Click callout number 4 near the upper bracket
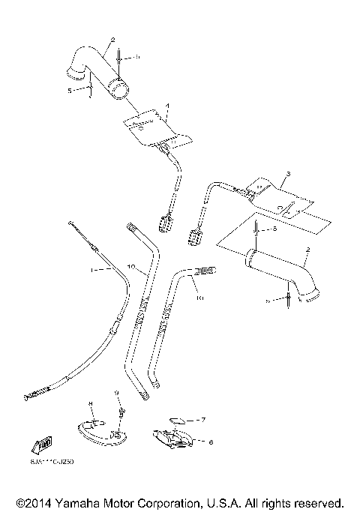tap(167, 106)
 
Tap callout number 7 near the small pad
tap(202, 421)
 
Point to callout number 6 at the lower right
tap(211, 442)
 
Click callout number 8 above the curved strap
tap(91, 404)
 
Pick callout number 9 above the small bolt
tap(116, 393)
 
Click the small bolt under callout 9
tap(119, 411)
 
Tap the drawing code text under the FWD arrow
tap(52, 461)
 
